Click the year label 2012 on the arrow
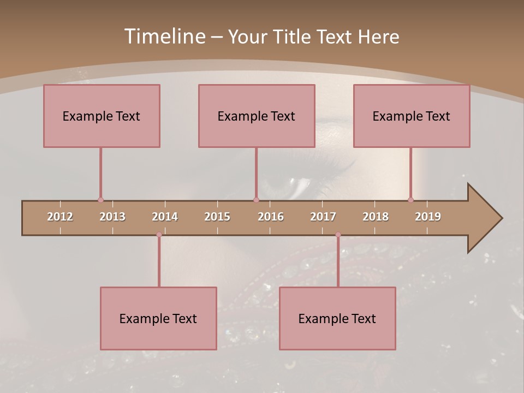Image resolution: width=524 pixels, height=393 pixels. [60, 217]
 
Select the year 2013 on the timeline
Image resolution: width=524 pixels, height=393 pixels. [112, 217]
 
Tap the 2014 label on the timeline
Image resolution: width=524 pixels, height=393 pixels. [165, 217]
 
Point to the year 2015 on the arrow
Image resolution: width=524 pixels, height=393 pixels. [217, 217]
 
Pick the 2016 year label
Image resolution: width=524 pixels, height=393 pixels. [271, 217]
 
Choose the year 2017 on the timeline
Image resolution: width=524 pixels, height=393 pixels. [323, 217]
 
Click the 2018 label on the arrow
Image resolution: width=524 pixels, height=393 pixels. [376, 217]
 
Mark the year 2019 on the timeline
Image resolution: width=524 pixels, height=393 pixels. [428, 217]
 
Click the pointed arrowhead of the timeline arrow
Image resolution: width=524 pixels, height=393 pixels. [486, 218]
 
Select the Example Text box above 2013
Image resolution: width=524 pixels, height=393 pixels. [102, 116]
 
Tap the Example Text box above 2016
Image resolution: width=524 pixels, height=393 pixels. [257, 116]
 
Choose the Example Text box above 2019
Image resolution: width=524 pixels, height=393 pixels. [412, 116]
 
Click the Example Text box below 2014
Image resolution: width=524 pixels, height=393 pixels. [158, 318]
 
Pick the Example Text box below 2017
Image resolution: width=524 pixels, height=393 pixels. [337, 318]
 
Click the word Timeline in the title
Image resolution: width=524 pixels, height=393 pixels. [164, 37]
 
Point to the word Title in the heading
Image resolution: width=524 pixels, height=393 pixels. [291, 37]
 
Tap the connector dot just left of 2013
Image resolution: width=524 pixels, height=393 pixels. [100, 200]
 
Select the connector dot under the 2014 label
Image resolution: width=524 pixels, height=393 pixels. [159, 235]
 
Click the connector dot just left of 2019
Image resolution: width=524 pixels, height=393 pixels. [410, 200]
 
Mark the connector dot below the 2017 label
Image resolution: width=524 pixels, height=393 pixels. [338, 235]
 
